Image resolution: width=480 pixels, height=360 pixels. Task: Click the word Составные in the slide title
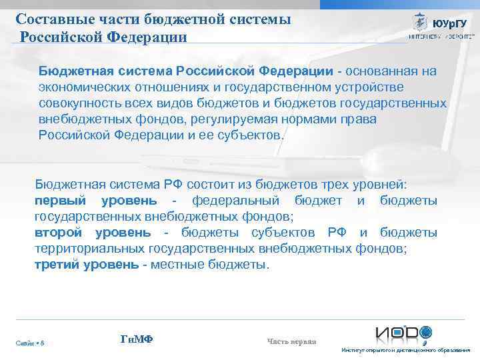coord(48,19)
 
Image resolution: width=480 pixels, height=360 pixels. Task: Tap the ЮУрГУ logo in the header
coord(437,25)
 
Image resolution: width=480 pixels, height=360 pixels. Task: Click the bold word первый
coord(61,201)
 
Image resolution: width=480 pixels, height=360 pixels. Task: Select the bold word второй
coord(58,233)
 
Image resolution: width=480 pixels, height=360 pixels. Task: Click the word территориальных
coord(84,249)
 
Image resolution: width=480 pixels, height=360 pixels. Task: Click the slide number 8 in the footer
coord(43,343)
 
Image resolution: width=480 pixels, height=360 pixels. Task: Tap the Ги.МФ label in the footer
coord(137,339)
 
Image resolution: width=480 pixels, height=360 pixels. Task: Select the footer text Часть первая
coord(291,342)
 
